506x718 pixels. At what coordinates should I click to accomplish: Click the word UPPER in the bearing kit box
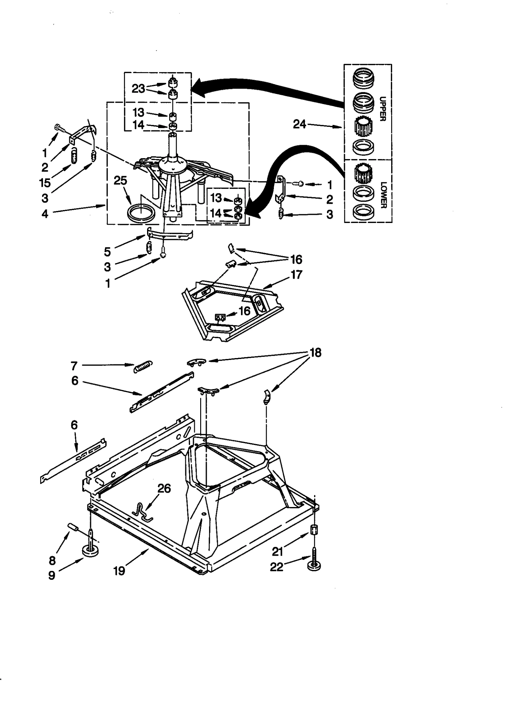pos(382,109)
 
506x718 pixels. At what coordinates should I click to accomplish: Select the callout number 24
pos(299,124)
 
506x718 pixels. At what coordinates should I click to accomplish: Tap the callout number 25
pos(120,181)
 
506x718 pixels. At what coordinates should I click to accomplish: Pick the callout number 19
pos(120,571)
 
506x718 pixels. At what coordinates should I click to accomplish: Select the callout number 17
pos(296,275)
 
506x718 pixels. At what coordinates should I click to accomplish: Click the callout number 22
pos(276,567)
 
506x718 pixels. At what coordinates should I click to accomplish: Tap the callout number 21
pos(277,552)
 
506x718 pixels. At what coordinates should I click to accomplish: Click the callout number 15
pos(45,183)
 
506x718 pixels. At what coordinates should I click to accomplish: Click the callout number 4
pos(45,214)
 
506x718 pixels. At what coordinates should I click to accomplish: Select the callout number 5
pos(108,252)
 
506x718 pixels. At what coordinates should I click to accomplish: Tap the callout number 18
pos(316,353)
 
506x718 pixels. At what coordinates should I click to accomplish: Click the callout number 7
pos(74,366)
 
